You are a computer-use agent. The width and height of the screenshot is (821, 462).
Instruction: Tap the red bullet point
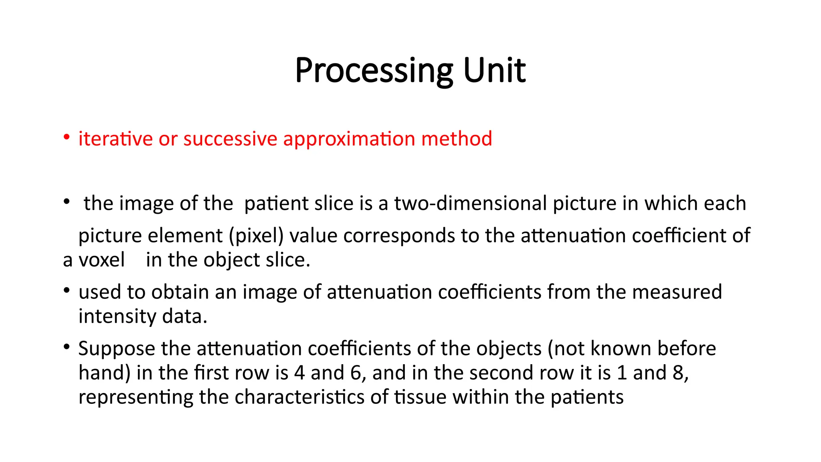tap(67, 138)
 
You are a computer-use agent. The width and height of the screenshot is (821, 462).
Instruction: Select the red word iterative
tap(115, 139)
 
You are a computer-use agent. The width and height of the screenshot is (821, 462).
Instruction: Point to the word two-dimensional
tap(470, 203)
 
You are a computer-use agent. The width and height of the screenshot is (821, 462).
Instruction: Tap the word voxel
tap(102, 260)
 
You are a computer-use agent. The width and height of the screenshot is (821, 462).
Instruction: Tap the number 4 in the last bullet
tap(299, 373)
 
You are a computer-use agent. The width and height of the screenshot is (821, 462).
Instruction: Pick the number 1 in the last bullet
tap(622, 373)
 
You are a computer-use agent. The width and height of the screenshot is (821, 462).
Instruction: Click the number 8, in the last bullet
tap(680, 373)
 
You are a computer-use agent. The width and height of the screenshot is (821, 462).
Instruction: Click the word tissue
tap(420, 397)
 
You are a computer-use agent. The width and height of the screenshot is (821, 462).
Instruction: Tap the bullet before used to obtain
tap(67, 290)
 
